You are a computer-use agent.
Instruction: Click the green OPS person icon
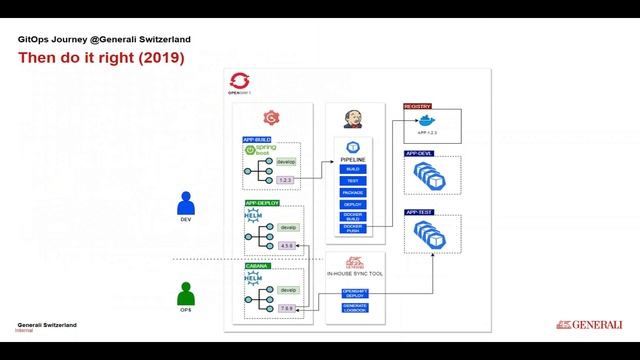tap(185, 294)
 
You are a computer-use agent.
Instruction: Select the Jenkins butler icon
tap(352, 117)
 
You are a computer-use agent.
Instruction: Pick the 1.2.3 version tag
tap(286, 179)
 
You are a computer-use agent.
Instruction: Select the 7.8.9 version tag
tap(287, 308)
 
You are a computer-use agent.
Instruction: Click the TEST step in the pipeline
tap(352, 180)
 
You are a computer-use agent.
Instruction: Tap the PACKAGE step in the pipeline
tap(352, 192)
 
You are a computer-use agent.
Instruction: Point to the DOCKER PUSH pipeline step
tap(352, 227)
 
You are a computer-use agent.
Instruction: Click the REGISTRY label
tap(417, 106)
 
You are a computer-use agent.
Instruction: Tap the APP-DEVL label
tap(418, 153)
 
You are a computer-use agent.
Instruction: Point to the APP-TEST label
tap(418, 212)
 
